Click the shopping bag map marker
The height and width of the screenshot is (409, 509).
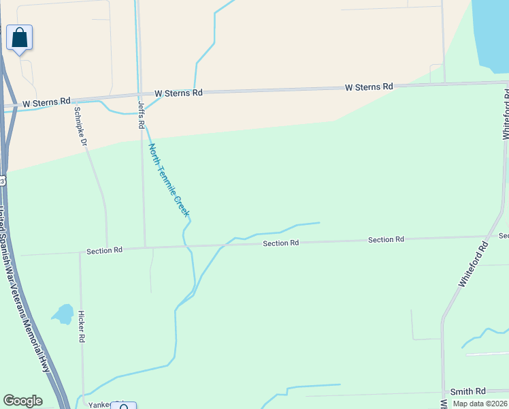click(19, 37)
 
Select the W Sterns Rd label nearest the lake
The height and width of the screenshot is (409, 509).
click(369, 87)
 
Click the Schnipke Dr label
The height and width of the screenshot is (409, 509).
click(81, 127)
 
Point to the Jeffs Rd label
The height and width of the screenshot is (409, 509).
click(142, 115)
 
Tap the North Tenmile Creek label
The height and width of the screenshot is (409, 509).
click(168, 180)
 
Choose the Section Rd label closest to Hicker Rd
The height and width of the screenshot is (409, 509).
click(104, 251)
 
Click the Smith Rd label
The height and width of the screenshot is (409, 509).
click(468, 392)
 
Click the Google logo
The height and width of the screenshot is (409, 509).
click(22, 401)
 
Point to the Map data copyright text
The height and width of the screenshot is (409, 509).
click(480, 404)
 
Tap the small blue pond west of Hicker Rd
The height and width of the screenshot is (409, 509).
click(63, 314)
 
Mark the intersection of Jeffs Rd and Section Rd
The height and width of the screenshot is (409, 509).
click(145, 247)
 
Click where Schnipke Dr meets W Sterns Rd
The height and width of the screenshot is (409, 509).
click(74, 99)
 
